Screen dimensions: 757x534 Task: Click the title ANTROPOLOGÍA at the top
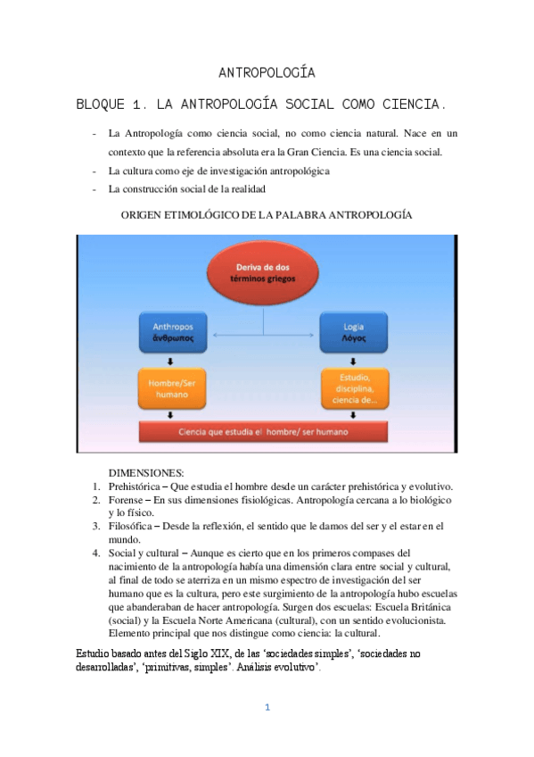(267, 73)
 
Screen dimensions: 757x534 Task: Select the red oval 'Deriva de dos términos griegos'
(266, 272)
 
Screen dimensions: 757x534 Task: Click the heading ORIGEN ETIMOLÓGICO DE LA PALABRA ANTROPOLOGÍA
(266, 215)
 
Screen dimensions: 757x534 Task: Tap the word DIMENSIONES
(145, 472)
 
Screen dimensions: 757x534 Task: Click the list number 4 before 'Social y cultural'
(95, 553)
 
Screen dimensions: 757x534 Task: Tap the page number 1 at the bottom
(266, 708)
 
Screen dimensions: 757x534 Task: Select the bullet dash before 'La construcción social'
(94, 189)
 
